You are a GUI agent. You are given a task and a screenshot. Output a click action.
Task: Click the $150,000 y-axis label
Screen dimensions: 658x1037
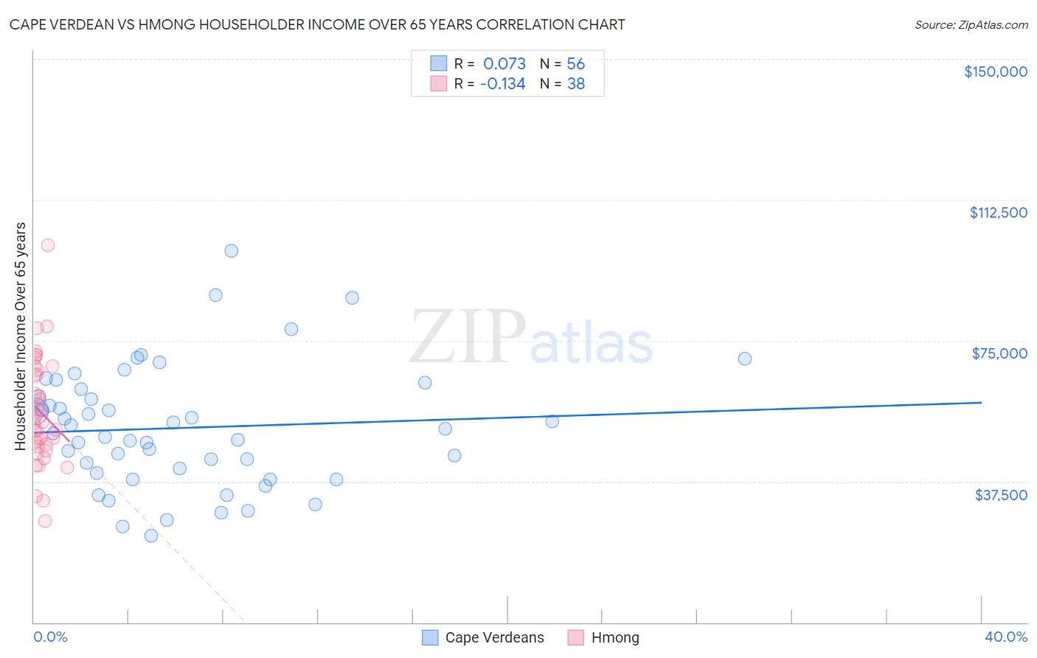click(x=995, y=72)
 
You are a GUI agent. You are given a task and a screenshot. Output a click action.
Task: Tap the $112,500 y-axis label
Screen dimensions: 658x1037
click(x=998, y=212)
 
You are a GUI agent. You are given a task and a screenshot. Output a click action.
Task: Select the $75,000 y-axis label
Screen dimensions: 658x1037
click(x=999, y=353)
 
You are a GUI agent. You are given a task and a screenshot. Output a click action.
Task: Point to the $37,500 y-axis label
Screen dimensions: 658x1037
click(x=1001, y=495)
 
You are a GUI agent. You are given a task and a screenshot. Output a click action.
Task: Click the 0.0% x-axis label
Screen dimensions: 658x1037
click(x=50, y=637)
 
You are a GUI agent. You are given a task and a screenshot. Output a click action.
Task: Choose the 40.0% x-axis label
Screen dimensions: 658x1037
click(x=1005, y=637)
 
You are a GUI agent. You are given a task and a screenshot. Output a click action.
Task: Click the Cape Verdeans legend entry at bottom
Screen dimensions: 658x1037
click(x=494, y=637)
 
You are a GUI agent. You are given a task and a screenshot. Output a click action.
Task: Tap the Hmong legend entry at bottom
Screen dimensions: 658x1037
click(x=614, y=637)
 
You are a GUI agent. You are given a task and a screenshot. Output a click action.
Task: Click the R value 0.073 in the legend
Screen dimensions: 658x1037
click(x=504, y=63)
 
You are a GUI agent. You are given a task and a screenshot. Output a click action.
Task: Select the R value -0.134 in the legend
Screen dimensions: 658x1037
click(x=502, y=84)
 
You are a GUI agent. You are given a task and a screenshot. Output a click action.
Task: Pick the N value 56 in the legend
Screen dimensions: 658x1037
click(x=575, y=63)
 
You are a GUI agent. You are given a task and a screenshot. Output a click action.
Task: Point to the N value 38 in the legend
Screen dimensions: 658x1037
click(x=575, y=84)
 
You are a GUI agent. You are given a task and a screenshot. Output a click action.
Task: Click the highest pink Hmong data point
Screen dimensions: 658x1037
click(x=48, y=245)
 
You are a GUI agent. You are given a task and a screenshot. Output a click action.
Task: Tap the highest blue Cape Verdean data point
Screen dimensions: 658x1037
click(x=232, y=251)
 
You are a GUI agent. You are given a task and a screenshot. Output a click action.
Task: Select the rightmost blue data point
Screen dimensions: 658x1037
click(x=745, y=359)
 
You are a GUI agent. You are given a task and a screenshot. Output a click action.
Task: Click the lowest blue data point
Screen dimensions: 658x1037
click(x=151, y=536)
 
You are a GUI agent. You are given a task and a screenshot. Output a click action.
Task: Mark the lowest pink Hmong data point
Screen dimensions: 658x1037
click(x=45, y=521)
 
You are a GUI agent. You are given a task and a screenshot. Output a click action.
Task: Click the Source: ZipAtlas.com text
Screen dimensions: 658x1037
click(x=971, y=25)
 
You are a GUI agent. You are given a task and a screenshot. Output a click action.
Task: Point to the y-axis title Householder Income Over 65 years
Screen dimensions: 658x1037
click(x=21, y=336)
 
